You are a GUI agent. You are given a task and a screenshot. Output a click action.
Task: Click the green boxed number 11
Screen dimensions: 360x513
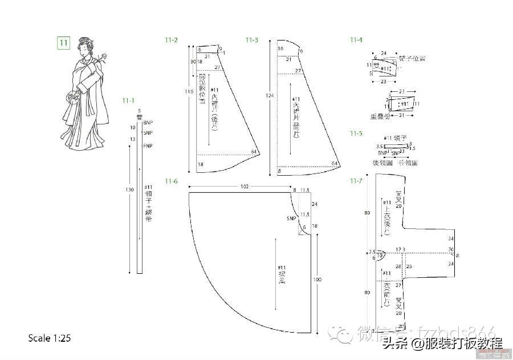point(63,42)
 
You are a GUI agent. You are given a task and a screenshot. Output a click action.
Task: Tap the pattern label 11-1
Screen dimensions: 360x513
point(128,100)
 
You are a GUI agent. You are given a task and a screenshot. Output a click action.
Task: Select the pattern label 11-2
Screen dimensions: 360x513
point(171,40)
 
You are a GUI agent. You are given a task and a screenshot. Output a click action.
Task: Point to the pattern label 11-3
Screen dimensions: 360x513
point(252,40)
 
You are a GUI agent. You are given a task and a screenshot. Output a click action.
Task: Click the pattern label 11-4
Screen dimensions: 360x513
point(356,40)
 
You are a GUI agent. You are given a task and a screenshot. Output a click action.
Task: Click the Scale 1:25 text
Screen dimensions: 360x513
point(50,338)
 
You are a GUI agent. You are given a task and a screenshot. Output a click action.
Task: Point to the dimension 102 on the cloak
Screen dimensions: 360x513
point(245,187)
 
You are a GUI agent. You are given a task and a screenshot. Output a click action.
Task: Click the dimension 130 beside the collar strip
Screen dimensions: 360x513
point(130,189)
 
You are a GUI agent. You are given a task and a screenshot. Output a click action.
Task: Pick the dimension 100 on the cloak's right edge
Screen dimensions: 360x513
point(317,280)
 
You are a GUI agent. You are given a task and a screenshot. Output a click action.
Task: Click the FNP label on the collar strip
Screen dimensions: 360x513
point(148,145)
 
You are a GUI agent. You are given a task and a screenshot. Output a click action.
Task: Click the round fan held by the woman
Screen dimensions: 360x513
point(72,97)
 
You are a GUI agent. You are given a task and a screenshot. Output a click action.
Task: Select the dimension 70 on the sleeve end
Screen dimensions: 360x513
point(450,250)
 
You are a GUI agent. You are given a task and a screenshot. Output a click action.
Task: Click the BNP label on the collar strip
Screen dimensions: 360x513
point(148,123)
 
